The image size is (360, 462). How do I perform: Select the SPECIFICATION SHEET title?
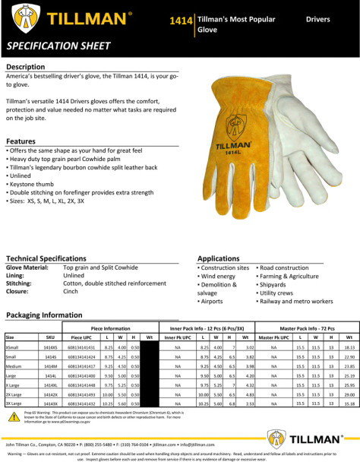tap(55, 46)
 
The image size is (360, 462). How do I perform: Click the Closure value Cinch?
tap(71, 291)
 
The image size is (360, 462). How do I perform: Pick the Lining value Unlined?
tap(74, 275)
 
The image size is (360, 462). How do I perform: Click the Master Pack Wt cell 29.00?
tap(349, 396)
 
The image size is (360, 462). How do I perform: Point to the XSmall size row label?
tap(13, 346)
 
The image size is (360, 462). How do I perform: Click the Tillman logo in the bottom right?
tap(300, 436)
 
